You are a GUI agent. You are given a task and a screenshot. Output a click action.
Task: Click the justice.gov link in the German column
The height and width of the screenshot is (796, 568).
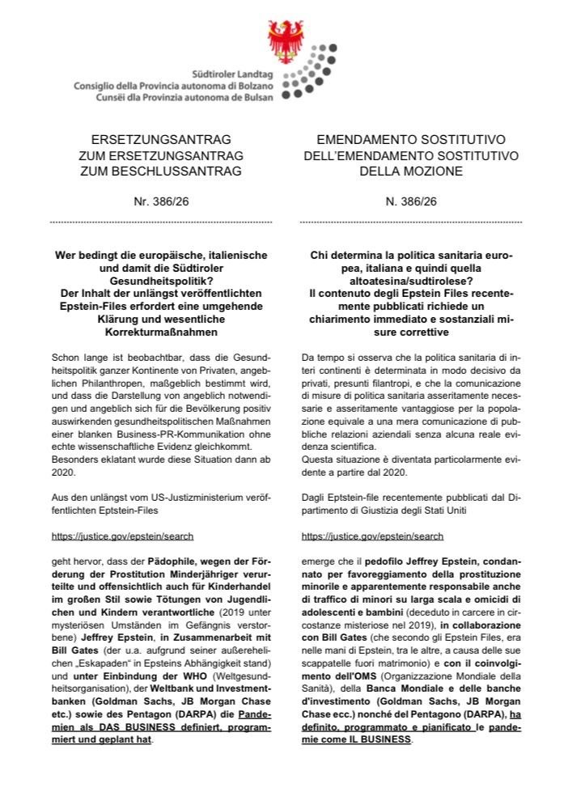(122, 536)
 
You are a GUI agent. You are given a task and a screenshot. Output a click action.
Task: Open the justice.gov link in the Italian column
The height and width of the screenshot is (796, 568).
(372, 536)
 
